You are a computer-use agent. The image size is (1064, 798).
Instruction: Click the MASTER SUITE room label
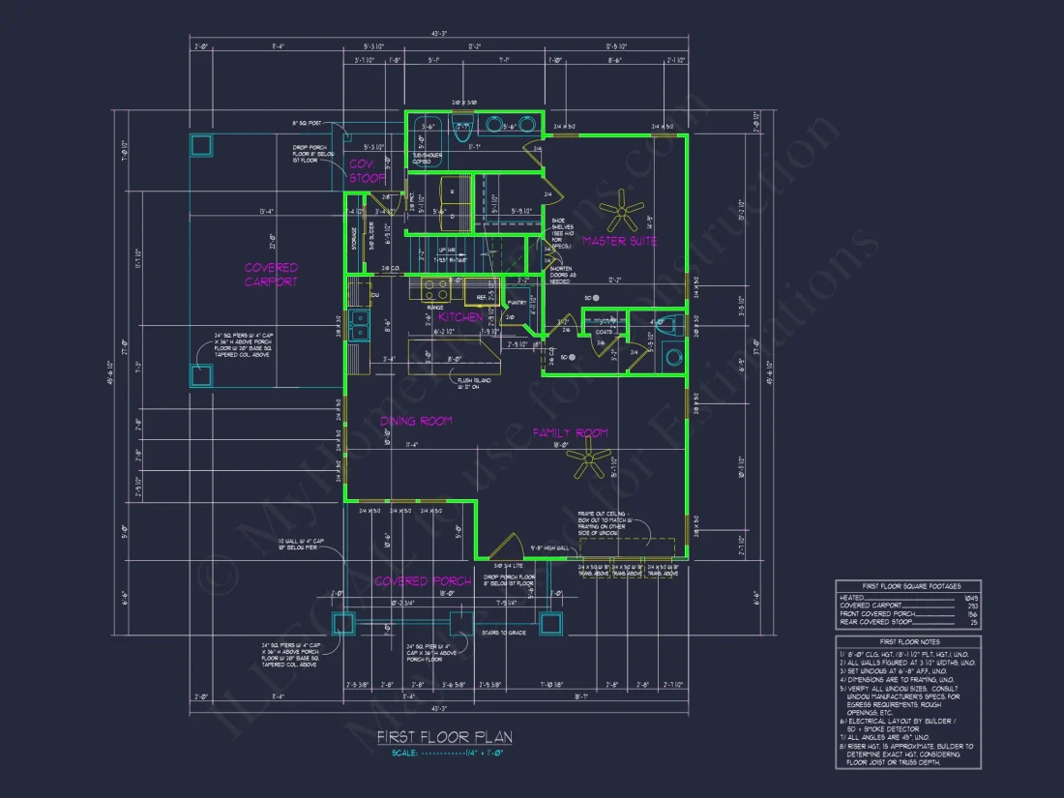coord(619,241)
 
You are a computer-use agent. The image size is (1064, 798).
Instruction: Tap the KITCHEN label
coord(460,317)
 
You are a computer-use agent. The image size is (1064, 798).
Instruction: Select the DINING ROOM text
coord(415,421)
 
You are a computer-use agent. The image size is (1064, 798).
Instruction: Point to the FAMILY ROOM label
coord(570,433)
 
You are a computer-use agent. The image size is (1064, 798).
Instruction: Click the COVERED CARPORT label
coord(271,275)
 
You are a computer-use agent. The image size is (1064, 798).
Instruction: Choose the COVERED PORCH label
coord(423,581)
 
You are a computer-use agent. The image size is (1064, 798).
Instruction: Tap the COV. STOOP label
coord(368,171)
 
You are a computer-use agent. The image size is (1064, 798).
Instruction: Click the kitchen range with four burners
coord(435,288)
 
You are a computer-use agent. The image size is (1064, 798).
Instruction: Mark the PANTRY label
coord(517,303)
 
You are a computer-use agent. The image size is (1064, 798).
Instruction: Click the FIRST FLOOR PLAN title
coord(445,738)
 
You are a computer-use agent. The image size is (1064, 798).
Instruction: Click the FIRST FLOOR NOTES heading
coord(908,641)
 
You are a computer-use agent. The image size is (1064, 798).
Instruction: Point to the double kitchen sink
coord(359,325)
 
